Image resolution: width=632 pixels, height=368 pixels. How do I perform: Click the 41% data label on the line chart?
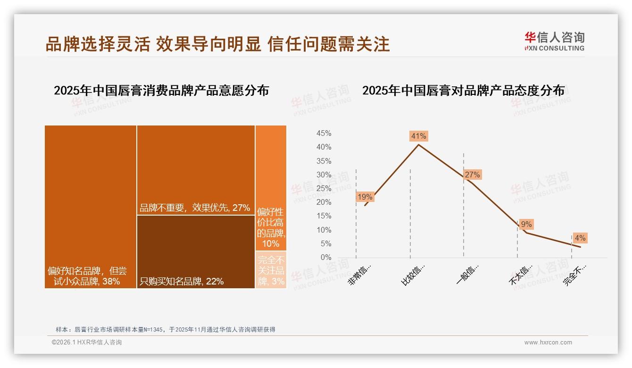tap(418, 136)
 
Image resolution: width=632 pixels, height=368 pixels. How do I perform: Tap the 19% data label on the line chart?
tap(365, 197)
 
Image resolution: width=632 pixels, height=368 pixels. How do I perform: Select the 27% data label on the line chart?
tap(472, 175)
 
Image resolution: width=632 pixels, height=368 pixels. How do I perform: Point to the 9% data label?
tap(526, 224)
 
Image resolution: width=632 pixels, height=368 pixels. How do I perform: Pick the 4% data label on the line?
tap(580, 238)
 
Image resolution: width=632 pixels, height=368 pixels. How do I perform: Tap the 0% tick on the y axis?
tap(325, 257)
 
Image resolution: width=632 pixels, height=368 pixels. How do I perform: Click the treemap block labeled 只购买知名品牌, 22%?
tap(196, 251)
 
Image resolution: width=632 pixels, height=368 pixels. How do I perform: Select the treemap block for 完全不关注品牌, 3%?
tap(271, 270)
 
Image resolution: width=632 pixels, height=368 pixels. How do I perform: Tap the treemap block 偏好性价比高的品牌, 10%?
tap(271, 188)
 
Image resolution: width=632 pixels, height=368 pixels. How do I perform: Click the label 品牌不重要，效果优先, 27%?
tap(195, 208)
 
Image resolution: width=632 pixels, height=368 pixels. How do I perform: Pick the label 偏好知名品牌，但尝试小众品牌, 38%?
tap(87, 276)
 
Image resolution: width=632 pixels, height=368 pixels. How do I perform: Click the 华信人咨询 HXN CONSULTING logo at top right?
tap(554, 42)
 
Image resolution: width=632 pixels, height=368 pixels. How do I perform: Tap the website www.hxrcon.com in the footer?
tap(548, 343)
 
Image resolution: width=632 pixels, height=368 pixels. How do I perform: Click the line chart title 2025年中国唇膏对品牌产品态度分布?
tap(463, 91)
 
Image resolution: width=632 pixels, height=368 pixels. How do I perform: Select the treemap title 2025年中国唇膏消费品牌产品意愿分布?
tap(161, 91)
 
